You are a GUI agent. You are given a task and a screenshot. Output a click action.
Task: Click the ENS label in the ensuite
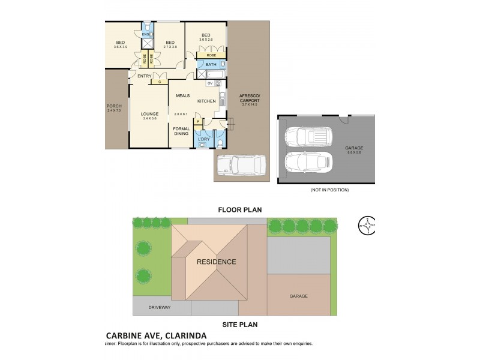146,35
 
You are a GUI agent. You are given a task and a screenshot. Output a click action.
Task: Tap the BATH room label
211,64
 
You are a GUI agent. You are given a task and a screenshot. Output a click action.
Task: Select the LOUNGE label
149,113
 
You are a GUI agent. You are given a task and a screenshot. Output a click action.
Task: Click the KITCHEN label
206,101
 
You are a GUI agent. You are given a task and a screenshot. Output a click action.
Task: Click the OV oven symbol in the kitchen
210,83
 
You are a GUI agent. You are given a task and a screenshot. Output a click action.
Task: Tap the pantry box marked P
197,122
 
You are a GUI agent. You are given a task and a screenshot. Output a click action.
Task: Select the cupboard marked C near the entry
160,82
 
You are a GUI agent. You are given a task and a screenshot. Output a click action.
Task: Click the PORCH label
114,106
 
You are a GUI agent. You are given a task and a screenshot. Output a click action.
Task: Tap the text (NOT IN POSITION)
329,190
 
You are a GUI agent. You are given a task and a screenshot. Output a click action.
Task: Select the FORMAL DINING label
181,131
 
